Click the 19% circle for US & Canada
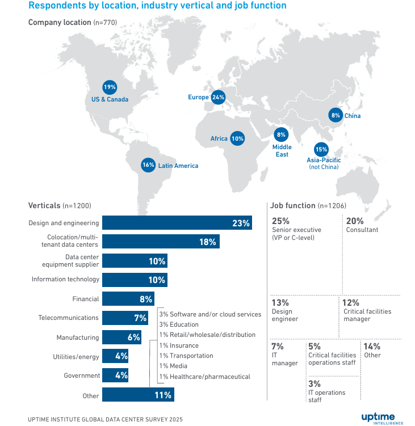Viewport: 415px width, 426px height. [x=110, y=87]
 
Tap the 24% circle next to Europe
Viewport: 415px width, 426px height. [x=218, y=97]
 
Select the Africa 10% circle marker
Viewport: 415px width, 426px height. [x=237, y=138]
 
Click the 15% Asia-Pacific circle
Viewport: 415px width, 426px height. [x=321, y=150]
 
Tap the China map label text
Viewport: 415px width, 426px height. [x=352, y=116]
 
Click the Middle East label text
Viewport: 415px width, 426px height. [x=282, y=151]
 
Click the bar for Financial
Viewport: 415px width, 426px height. [x=128, y=299]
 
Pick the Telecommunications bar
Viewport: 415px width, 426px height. [x=125, y=318]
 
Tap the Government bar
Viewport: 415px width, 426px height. [x=116, y=375]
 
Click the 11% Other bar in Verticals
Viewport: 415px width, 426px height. [x=138, y=395]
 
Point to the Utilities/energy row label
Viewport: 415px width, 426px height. [x=76, y=357]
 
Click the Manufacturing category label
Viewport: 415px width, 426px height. [x=77, y=338]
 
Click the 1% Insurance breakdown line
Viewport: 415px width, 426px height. [x=179, y=345]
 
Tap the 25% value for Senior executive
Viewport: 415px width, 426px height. [x=281, y=221]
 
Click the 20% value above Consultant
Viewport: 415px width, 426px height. [x=355, y=221]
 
